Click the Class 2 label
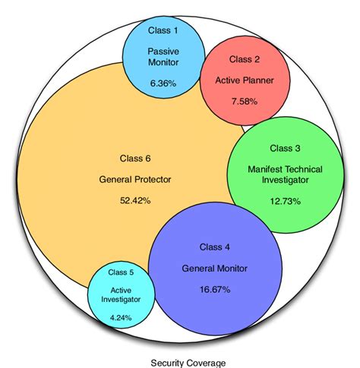point(244,59)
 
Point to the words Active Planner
point(244,78)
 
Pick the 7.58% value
point(244,99)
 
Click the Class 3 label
point(285,149)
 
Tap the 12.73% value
point(285,201)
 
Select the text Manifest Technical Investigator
point(285,175)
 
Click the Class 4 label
point(215,247)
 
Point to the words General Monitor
point(215,268)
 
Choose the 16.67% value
point(215,291)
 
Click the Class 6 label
point(135,159)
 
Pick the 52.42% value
point(135,201)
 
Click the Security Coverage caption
point(181,361)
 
